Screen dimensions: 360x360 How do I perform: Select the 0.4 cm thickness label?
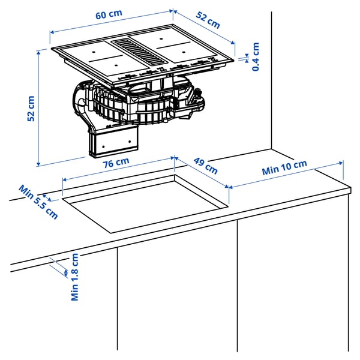click(x=256, y=56)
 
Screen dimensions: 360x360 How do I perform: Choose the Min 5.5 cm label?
click(x=38, y=202)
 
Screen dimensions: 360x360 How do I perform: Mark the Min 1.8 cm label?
click(x=75, y=277)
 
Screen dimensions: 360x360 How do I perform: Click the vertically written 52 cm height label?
click(x=32, y=108)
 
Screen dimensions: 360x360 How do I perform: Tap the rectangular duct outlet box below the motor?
click(x=114, y=142)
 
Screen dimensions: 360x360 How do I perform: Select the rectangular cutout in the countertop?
click(x=144, y=201)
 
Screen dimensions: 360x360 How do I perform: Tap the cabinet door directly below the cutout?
click(x=177, y=288)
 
